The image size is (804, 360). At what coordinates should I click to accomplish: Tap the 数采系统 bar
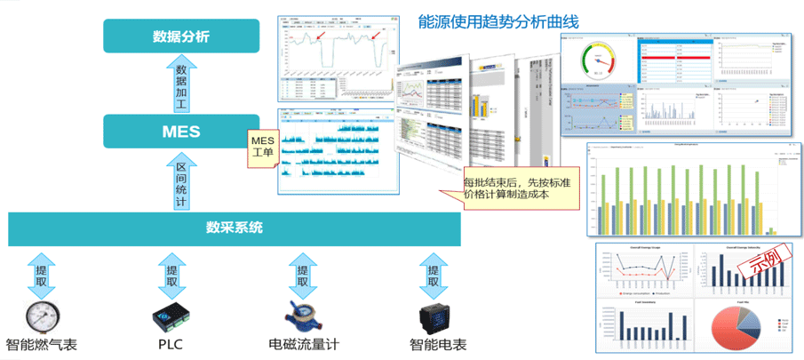click(235, 228)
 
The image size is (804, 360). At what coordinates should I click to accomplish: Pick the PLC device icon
click(171, 316)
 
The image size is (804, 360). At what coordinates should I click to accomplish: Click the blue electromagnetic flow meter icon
click(302, 316)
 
